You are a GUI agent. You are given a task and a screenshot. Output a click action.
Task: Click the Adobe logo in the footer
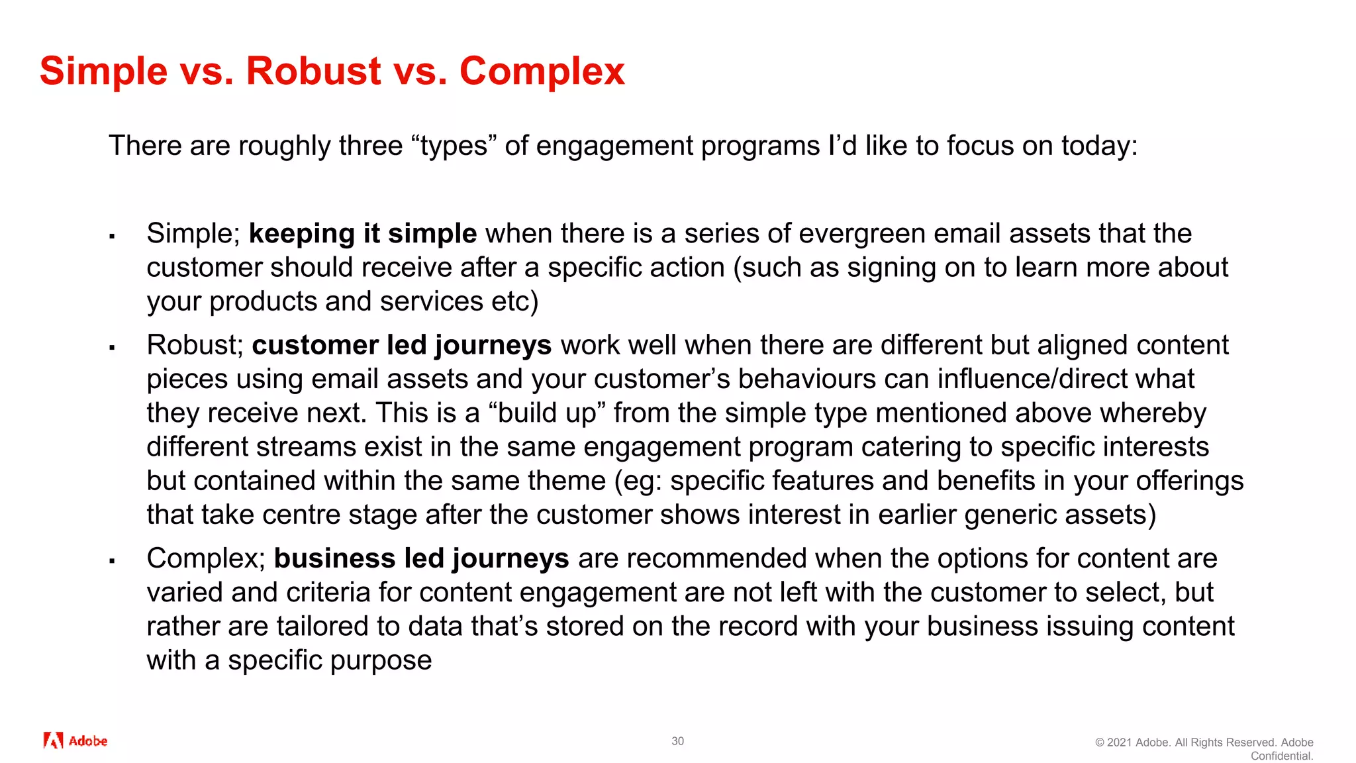tap(75, 740)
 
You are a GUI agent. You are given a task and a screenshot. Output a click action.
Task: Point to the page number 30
tap(677, 741)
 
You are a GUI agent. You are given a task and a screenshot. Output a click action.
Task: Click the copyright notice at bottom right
tap(1204, 748)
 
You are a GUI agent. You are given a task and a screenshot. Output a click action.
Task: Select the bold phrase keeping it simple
tap(362, 234)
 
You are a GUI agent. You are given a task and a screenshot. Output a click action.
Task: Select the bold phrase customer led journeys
tap(401, 345)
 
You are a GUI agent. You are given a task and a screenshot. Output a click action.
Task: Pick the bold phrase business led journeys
tap(421, 558)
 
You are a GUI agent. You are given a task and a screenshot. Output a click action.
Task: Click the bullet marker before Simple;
tap(113, 236)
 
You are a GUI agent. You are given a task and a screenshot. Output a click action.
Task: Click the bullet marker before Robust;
tap(113, 347)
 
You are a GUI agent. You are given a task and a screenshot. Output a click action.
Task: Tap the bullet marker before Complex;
tap(113, 560)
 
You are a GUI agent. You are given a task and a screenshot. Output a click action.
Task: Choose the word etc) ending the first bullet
tap(514, 301)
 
